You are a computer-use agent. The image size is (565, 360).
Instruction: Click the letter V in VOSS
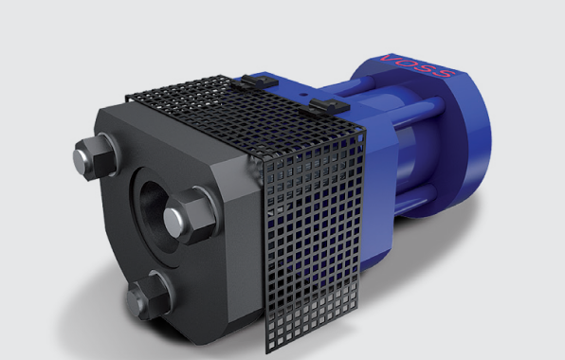[391, 58]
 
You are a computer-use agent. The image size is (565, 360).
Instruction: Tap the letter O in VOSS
[408, 63]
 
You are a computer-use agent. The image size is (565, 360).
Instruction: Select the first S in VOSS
[426, 69]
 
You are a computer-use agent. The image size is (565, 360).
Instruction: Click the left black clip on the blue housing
[260, 81]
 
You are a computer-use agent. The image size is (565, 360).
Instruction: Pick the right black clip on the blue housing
[329, 105]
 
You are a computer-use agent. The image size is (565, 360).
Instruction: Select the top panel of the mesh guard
[245, 115]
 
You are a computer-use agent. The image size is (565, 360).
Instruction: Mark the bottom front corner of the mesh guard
[267, 353]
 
